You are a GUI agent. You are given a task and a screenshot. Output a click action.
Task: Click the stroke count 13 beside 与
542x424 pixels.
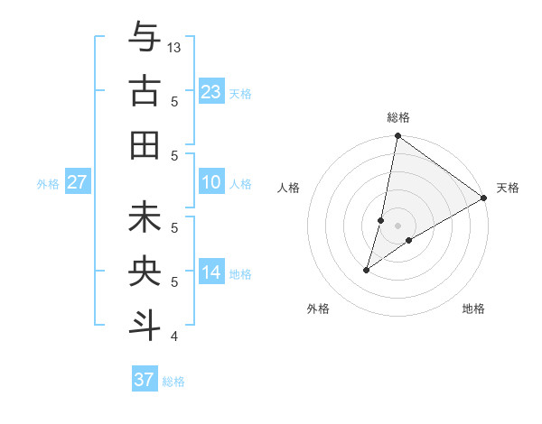tap(174, 47)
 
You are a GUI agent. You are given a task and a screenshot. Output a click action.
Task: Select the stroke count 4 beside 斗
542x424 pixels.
tap(173, 337)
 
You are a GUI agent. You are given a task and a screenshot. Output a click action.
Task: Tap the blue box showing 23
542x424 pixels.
tap(211, 91)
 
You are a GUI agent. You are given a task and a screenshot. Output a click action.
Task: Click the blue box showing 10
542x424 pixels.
tap(211, 182)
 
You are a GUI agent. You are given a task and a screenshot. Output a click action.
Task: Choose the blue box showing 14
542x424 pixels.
tap(211, 272)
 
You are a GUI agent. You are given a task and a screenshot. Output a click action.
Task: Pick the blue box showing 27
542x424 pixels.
tap(78, 182)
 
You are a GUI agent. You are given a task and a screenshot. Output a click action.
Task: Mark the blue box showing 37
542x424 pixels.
tap(145, 380)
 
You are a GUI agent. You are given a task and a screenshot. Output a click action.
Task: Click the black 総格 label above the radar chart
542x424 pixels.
tap(397, 118)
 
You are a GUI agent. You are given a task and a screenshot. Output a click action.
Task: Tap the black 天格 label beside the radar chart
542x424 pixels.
tap(508, 188)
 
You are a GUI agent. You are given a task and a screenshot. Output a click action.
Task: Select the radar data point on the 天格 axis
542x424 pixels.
tap(484, 198)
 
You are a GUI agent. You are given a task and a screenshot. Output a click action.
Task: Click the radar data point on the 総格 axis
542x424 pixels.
tap(397, 137)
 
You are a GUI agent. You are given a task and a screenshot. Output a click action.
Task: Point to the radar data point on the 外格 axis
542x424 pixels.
tap(367, 270)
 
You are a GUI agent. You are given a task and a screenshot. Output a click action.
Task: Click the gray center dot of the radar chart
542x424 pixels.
tap(397, 226)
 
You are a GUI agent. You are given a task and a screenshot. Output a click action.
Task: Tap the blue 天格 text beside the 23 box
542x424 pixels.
tap(240, 93)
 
